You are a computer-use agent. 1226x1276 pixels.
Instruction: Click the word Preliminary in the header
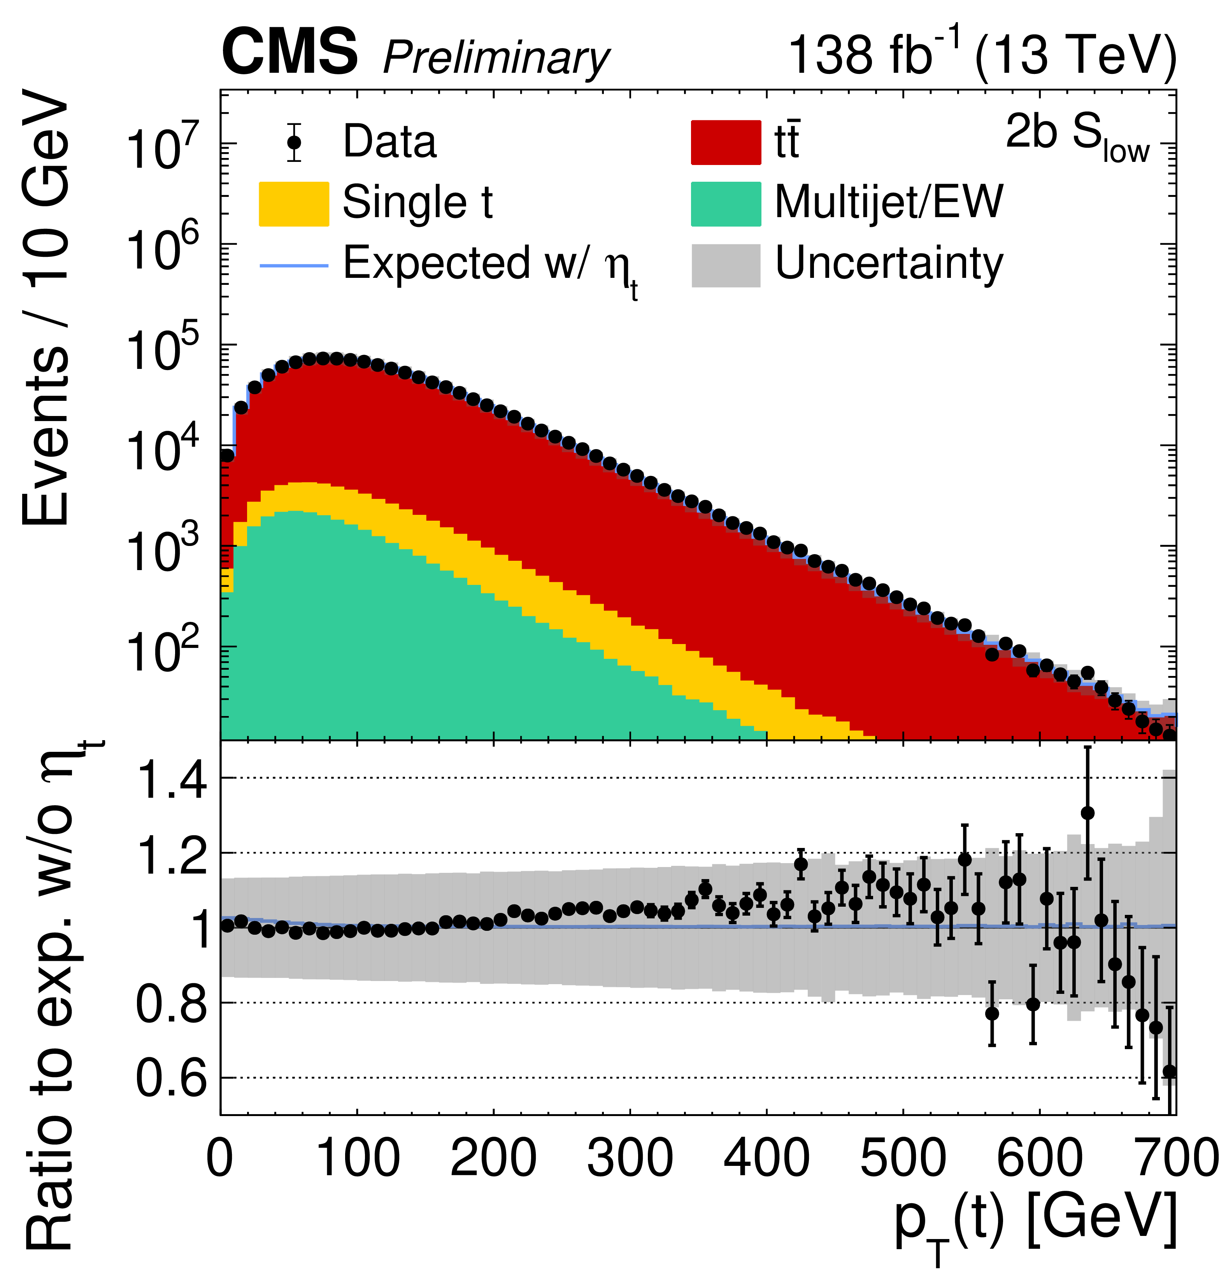coord(496,59)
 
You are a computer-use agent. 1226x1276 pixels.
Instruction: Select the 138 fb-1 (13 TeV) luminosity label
coord(982,55)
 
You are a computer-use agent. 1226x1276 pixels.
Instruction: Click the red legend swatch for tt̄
coord(725,142)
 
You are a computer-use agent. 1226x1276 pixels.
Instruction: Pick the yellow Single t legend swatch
coord(294,204)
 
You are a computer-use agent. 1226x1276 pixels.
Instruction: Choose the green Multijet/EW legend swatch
coord(725,204)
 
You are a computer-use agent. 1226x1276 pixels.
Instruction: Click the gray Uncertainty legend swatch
coord(725,265)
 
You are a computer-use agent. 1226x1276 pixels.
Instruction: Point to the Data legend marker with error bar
coord(294,142)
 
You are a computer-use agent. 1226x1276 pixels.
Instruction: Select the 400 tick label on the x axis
coord(766,1159)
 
